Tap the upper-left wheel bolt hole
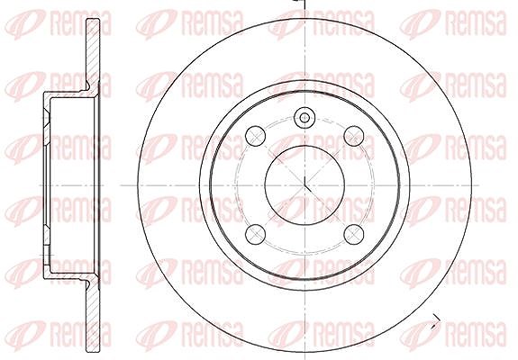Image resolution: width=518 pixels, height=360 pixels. [x=255, y=136]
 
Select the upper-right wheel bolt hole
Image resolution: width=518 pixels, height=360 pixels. [x=354, y=136]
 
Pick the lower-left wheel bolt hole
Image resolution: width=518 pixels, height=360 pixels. [x=255, y=234]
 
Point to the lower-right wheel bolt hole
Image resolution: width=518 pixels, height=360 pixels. [x=354, y=234]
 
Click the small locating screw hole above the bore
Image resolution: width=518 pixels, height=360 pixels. [x=304, y=118]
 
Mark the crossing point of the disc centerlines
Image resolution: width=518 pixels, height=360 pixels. [x=304, y=185]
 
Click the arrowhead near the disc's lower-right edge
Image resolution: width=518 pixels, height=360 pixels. [x=434, y=326]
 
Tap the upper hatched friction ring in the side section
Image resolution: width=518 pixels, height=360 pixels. [x=93, y=54]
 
